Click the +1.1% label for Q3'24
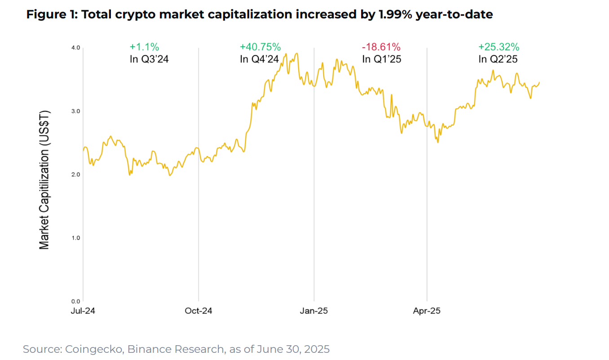click(144, 47)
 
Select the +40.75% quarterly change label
click(260, 47)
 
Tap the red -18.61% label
click(381, 47)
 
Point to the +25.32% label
click(499, 47)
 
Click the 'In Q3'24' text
click(149, 59)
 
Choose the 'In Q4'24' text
click(260, 59)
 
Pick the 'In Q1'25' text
click(381, 59)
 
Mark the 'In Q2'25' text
click(499, 59)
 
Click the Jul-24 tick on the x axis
click(83, 311)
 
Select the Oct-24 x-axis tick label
click(199, 311)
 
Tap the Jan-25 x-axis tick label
click(314, 311)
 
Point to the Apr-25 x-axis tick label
click(427, 311)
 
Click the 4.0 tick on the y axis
click(75, 48)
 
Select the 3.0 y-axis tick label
click(75, 111)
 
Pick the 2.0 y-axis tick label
click(75, 174)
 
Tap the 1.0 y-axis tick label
click(75, 237)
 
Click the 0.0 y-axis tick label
click(75, 301)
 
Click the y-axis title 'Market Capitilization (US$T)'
click(44, 179)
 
